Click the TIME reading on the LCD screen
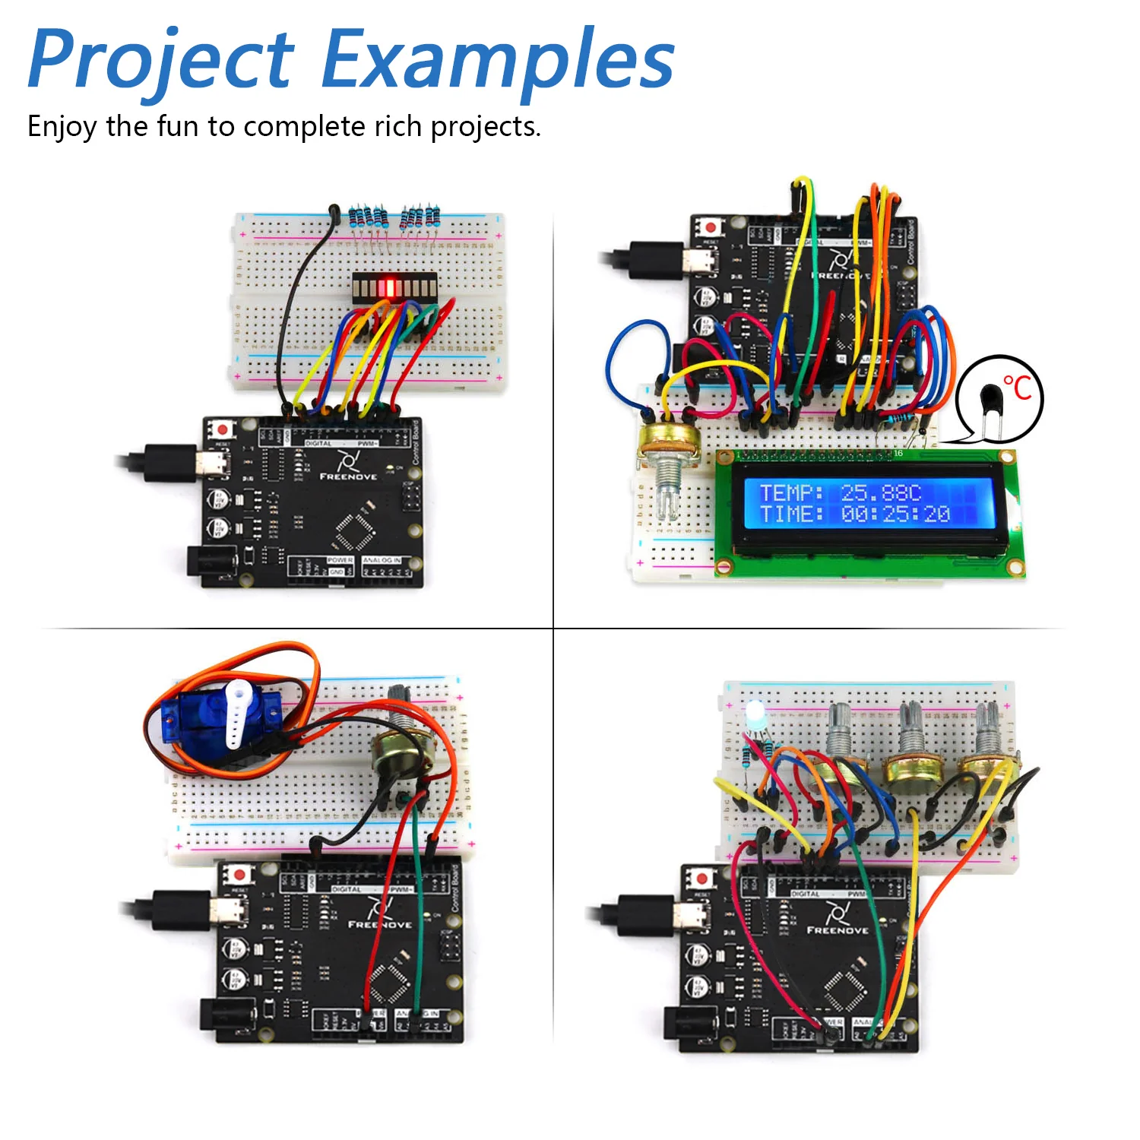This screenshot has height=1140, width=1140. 855,515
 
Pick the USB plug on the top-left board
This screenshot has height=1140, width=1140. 171,463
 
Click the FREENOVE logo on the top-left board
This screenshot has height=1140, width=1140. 348,466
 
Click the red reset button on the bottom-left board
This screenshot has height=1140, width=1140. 240,875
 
